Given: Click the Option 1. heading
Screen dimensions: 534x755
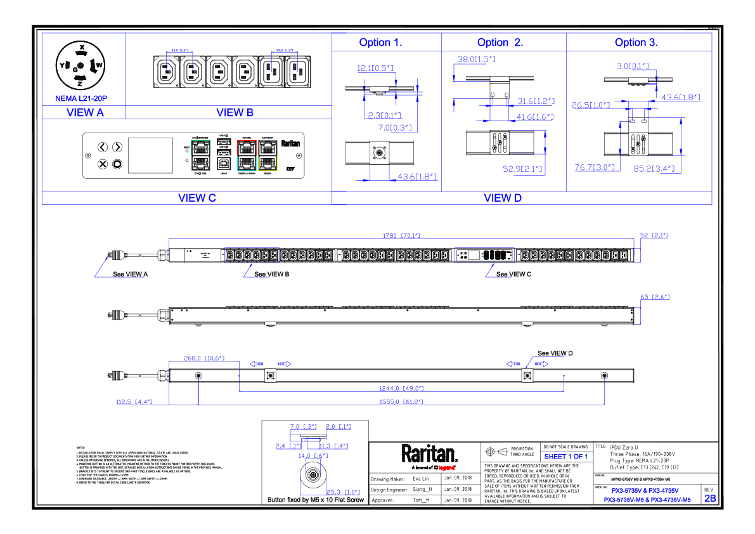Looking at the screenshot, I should click(x=380, y=43).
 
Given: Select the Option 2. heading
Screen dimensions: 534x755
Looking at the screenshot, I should click(x=500, y=43).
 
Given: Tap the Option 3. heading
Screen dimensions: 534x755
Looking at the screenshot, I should click(x=636, y=43).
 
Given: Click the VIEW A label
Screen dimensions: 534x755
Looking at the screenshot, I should click(x=85, y=113).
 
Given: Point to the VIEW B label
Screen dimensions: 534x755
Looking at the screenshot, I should click(x=235, y=113).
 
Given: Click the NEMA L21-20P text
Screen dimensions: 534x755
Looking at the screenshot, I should click(x=81, y=99).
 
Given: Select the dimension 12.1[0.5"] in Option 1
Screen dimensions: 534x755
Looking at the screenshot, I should click(x=376, y=68).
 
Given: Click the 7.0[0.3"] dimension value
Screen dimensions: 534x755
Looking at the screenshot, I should click(x=396, y=128).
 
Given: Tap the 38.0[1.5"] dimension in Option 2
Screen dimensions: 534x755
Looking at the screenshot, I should click(x=476, y=60).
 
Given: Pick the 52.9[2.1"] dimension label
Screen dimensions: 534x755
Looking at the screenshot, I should click(x=523, y=169).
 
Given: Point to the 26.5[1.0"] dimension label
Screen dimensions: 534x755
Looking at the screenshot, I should click(x=590, y=106).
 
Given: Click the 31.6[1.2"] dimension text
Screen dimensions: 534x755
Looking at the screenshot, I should click(x=536, y=101).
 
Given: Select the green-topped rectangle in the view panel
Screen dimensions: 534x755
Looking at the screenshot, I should click(x=200, y=155).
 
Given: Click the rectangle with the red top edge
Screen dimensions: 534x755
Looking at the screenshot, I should click(x=247, y=155).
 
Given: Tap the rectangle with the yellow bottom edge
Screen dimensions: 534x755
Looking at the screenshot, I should click(x=268, y=155).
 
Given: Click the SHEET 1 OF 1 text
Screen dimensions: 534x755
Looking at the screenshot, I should click(x=565, y=457).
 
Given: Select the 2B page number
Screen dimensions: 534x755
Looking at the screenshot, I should click(x=710, y=499).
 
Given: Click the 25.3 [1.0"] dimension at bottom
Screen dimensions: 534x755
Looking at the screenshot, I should click(x=342, y=492).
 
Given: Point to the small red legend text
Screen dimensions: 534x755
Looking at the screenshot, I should click(x=446, y=468).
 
